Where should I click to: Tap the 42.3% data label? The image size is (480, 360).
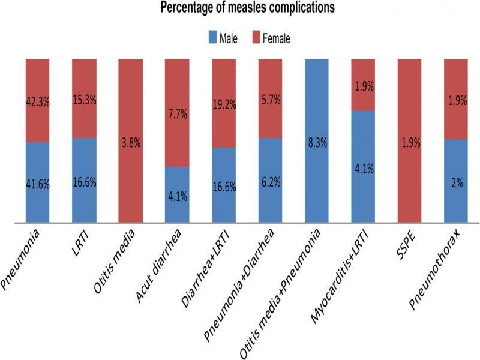[x=37, y=102]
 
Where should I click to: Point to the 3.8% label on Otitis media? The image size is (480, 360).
[x=130, y=143]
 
